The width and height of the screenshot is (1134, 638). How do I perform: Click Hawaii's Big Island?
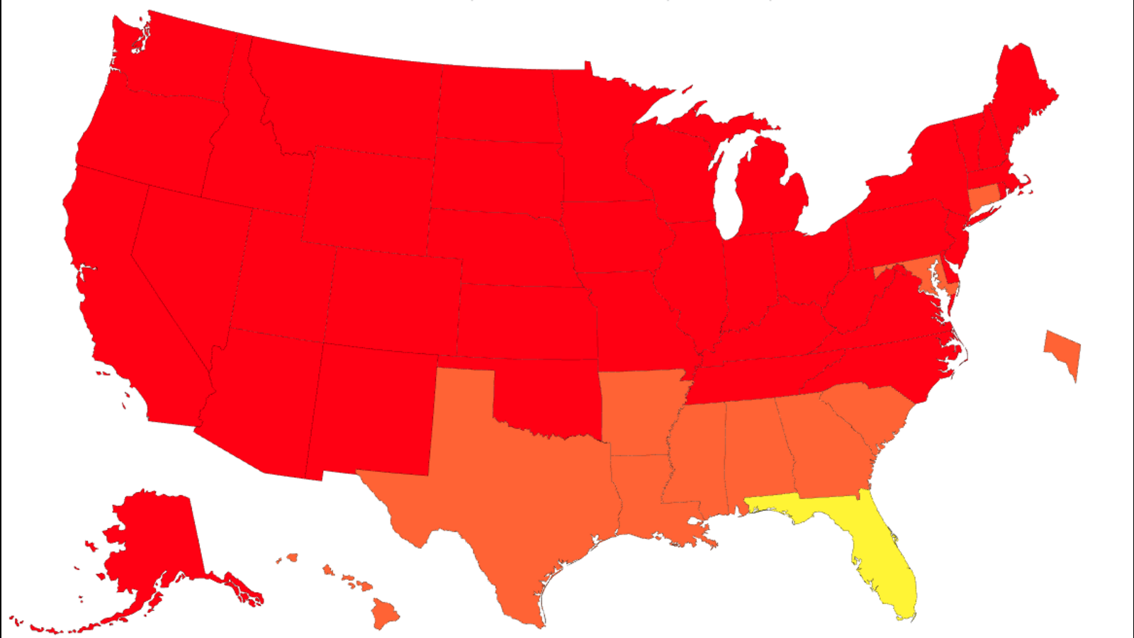(385, 613)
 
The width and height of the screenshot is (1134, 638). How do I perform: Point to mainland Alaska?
(152, 539)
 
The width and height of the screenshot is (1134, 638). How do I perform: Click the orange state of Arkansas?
(638, 411)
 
